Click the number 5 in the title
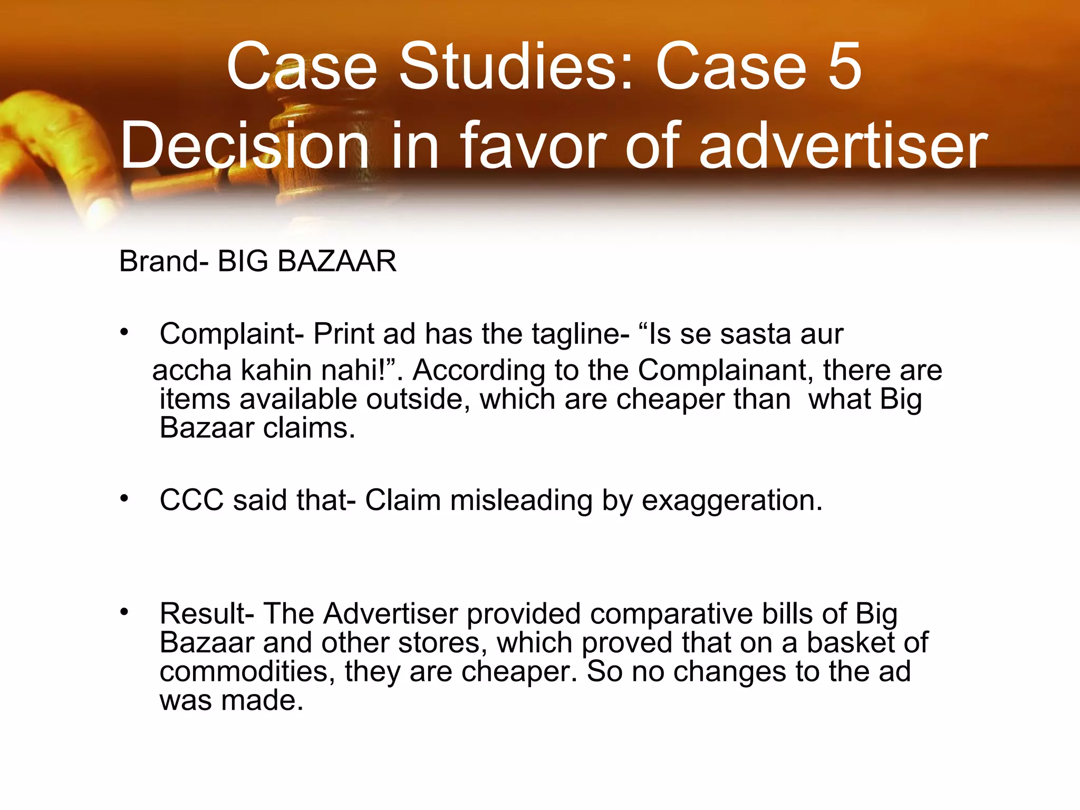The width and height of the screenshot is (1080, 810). coord(844,67)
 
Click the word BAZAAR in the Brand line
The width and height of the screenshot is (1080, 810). coord(336,262)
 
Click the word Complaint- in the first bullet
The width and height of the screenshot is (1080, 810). coord(232,334)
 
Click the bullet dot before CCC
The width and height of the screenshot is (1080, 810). coord(124,498)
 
